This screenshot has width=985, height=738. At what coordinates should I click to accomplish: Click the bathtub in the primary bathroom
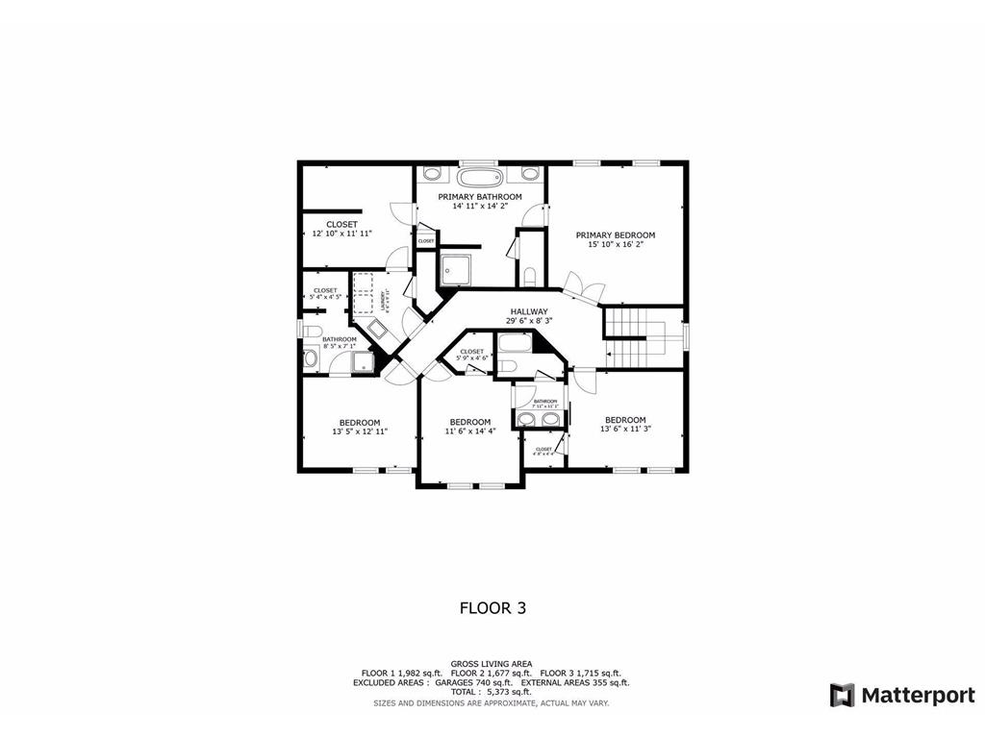point(479,177)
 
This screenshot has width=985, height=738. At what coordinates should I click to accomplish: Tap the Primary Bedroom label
point(616,235)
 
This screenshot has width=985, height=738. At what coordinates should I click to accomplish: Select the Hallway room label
point(529,311)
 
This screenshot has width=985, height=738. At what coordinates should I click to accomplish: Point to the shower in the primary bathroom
point(459,271)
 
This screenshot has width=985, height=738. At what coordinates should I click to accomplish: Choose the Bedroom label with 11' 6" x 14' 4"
point(470,422)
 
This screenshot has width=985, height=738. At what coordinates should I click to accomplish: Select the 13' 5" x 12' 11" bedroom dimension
point(360,432)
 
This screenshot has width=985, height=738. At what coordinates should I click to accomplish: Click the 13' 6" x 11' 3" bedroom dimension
point(625,430)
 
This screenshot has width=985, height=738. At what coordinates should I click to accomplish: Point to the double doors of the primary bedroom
point(585,286)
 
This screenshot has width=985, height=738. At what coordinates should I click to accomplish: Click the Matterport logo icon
point(843,695)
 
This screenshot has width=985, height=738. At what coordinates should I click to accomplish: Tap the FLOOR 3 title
point(492,607)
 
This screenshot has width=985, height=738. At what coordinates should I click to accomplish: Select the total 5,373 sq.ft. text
point(492,692)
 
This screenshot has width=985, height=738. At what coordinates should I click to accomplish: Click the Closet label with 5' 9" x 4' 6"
point(471,352)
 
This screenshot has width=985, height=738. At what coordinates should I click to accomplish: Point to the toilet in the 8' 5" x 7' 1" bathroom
point(311,332)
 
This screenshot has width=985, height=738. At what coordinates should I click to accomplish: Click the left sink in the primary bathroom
point(432,174)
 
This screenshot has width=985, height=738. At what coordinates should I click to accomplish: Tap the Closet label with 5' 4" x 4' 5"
point(325,290)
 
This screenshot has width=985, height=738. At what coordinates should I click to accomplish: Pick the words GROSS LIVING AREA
point(492,663)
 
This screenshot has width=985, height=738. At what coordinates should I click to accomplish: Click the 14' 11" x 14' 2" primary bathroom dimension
point(480,206)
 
